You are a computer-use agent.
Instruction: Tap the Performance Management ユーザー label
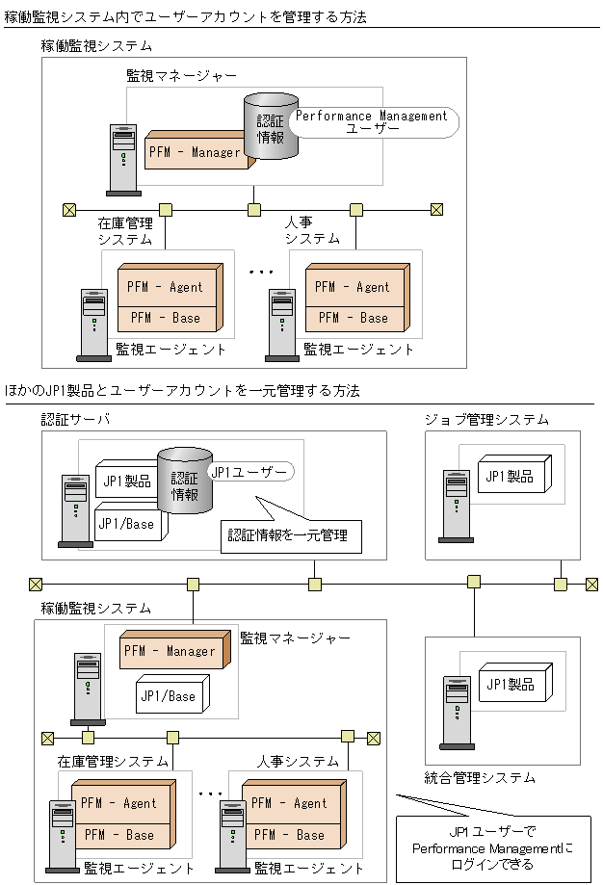coord(372,121)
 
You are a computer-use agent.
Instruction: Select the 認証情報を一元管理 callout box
coord(287,535)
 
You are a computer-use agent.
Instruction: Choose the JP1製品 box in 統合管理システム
coord(509,685)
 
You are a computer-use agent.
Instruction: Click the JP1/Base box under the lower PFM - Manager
coord(170,696)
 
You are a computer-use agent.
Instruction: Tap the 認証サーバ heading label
coord(75,419)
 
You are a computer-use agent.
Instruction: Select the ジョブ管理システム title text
coord(487,419)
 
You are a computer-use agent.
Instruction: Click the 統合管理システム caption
coord(480,777)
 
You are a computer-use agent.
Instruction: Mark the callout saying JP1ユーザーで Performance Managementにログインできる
coord(493,844)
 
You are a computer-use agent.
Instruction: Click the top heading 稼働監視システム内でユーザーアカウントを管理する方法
coord(185,17)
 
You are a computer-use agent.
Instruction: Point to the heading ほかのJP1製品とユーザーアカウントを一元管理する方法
coord(182,391)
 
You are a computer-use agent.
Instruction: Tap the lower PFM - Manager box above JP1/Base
coord(170,651)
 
